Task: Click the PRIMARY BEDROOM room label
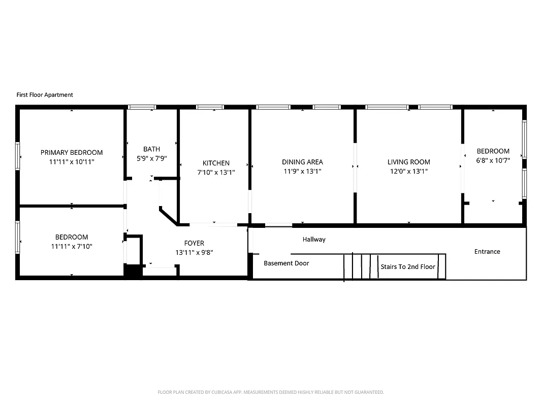[72, 152]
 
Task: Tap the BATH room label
[151, 149]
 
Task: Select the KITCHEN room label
[216, 163]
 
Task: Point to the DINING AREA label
[302, 162]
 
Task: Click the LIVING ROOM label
[408, 162]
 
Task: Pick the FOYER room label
[194, 243]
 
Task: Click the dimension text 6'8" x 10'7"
[493, 160]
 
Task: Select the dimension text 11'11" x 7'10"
[72, 246]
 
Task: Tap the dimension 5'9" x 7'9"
[151, 158]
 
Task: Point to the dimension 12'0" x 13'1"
[408, 171]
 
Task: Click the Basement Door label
[286, 263]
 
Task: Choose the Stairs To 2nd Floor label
[408, 266]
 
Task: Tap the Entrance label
[487, 251]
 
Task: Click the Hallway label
[314, 239]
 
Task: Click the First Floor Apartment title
[45, 95]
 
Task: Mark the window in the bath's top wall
[142, 107]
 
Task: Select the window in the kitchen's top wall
[210, 107]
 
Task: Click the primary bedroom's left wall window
[18, 156]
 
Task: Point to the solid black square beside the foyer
[133, 271]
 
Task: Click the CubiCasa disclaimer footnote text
[271, 392]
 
